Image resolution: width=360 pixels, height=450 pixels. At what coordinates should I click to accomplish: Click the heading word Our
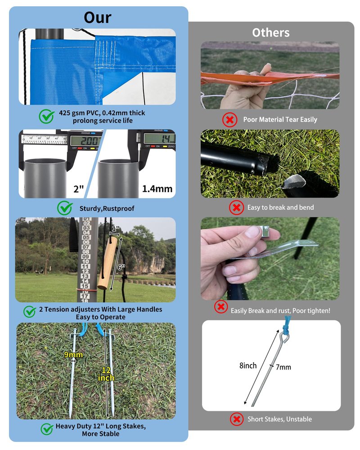97,18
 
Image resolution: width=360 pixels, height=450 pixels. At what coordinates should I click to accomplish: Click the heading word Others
271,33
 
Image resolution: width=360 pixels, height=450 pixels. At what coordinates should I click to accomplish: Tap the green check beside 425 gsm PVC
46,116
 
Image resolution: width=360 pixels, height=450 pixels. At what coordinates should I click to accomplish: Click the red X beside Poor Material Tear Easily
229,120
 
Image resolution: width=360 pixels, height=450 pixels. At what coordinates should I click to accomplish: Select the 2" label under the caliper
78,189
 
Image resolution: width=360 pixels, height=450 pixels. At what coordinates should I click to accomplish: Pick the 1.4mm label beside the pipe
157,189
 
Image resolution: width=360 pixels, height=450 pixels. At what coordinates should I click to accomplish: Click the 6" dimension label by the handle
121,267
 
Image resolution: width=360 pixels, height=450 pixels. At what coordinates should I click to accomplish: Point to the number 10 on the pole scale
85,261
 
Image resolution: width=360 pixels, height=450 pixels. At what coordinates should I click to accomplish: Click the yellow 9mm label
73,355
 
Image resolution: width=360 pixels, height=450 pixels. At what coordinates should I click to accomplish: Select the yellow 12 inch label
106,374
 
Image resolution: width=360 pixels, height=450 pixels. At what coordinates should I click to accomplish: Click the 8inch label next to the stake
248,365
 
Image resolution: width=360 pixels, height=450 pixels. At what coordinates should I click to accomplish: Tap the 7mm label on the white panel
283,367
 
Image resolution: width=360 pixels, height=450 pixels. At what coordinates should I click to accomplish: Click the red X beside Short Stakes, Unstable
237,419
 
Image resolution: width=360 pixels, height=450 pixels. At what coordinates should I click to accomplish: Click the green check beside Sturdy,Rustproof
65,208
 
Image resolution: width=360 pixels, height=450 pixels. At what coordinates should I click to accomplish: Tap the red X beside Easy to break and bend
236,207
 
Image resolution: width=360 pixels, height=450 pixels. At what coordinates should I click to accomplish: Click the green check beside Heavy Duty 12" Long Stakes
46,429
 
